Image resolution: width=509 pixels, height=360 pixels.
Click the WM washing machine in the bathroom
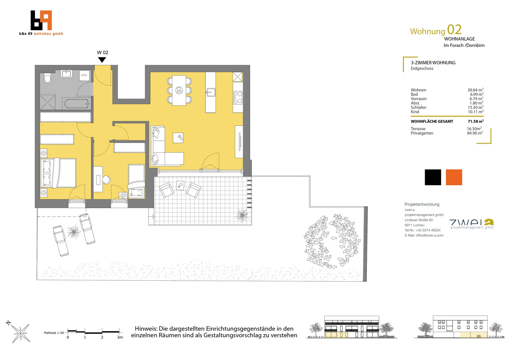pos(84,76)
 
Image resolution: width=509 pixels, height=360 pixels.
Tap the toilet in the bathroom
pos(47,78)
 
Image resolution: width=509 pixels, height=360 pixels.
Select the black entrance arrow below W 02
pos(102,60)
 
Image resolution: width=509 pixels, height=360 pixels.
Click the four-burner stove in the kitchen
pos(238,98)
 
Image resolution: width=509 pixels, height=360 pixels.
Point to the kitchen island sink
pos(210,92)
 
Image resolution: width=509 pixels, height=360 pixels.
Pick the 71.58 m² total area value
pos(476,121)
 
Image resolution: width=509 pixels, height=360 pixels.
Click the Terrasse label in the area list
pos(418,129)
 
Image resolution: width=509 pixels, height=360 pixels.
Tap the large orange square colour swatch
pos(454,177)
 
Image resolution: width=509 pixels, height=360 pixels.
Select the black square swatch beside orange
pos(433,177)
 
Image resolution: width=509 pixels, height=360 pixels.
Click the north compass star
pos(21,333)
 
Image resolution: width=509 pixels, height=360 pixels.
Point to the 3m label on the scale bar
pos(120,337)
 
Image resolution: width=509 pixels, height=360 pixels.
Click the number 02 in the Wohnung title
pos(454,30)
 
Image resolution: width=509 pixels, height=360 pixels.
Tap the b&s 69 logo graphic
pos(41,20)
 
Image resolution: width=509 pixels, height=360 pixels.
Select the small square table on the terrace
pos(180,185)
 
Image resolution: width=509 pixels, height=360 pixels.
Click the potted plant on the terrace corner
pos(242,215)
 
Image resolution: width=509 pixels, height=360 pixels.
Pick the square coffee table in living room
pos(178,138)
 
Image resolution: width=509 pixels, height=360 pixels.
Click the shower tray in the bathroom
pos(48,102)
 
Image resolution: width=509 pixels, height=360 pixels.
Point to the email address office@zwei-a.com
pos(429,235)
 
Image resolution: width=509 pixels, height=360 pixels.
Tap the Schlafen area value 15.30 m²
pos(475,107)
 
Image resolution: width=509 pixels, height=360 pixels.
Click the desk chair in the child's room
pos(106,179)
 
